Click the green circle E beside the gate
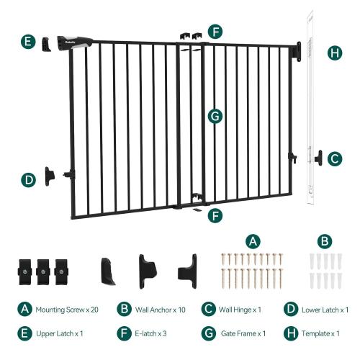[27, 42]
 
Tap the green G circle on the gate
[213, 115]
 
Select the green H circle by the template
[334, 53]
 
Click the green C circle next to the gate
[334, 158]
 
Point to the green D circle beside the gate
[27, 179]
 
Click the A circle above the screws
[252, 240]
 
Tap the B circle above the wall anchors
[325, 240]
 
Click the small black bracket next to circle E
[49, 42]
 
